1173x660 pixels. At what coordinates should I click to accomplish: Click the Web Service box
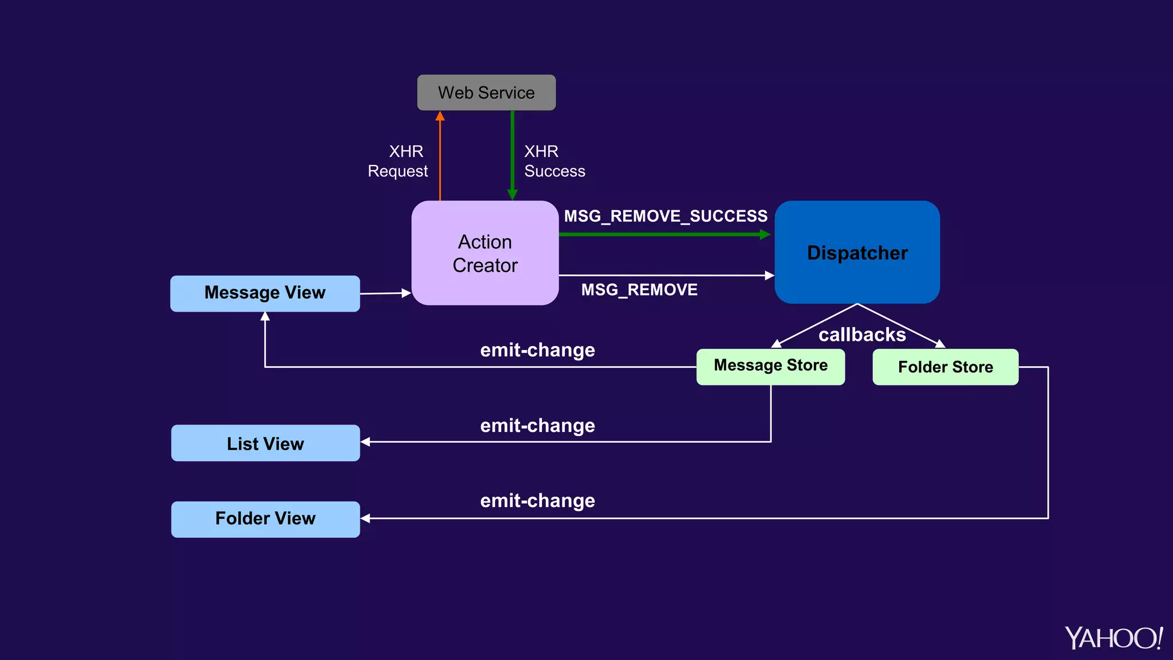coord(486,93)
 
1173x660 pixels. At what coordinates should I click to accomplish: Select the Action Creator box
coord(485,253)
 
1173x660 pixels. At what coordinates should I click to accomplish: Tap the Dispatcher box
coord(857,253)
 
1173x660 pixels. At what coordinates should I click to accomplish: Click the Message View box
coord(265,293)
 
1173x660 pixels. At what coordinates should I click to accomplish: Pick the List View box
coord(265,443)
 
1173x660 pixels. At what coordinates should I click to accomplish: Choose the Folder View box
coord(265,519)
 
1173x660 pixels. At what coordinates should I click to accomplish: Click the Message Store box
coord(770,366)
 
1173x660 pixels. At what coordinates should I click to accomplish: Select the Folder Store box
coord(945,367)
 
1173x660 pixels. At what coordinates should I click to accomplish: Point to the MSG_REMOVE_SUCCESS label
coord(666,217)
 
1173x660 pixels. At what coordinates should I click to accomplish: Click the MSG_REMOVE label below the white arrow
coord(639,290)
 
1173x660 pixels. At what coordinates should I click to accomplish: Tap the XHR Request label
coord(398,162)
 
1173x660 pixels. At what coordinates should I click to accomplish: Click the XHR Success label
coord(554,162)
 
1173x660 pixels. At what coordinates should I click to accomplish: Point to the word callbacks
coord(862,335)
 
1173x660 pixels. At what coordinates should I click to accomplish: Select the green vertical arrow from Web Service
coord(512,155)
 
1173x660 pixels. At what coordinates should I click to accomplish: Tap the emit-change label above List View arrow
coord(537,426)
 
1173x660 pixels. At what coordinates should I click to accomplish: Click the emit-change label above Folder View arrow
coord(537,501)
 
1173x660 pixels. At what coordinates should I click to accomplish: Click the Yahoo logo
coord(1113,638)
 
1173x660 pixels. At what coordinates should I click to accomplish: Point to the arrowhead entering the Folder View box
coord(365,518)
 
